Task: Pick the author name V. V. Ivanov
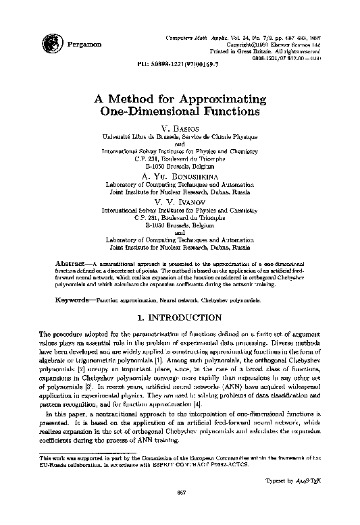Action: pyautogui.click(x=179, y=200)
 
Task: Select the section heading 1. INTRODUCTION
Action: pyautogui.click(x=179, y=316)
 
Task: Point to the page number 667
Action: pyautogui.click(x=180, y=510)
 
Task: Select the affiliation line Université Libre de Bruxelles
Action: pyautogui.click(x=179, y=136)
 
